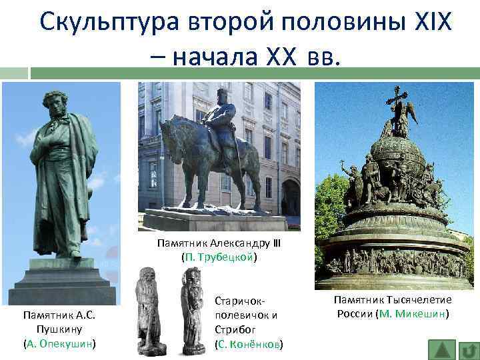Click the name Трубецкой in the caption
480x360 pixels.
pyautogui.click(x=227, y=256)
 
